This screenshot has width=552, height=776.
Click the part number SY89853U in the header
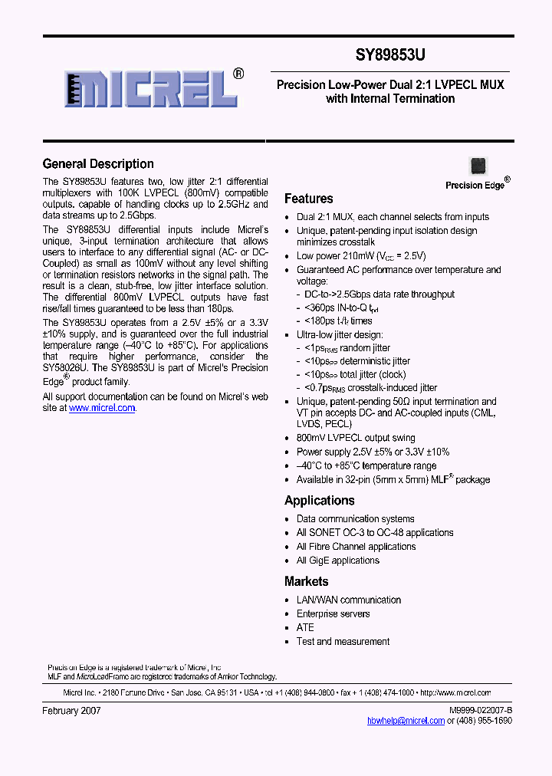pos(391,55)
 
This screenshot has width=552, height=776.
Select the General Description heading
pos(98,163)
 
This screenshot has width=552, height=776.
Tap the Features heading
pos(308,199)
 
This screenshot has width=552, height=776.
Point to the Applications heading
pos(319,501)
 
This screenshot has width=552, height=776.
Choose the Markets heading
pos(306,582)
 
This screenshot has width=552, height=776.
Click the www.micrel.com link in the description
pos(102,409)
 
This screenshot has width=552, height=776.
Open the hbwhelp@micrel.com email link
pos(406,721)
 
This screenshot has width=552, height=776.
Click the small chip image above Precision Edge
pos(478,166)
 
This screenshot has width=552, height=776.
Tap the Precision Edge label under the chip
pos(475,185)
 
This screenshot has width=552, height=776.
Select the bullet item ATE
pos(305,628)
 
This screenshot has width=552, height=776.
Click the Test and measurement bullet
pos(343,642)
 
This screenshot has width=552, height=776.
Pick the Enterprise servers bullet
pos(333,614)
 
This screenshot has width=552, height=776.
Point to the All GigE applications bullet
pos(337,561)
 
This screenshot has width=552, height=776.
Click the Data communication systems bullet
pos(355,519)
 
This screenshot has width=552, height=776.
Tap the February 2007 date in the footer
pos(71,711)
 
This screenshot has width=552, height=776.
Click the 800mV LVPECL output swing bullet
pos(355,438)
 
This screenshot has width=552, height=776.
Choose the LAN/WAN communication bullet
pos(348,600)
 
